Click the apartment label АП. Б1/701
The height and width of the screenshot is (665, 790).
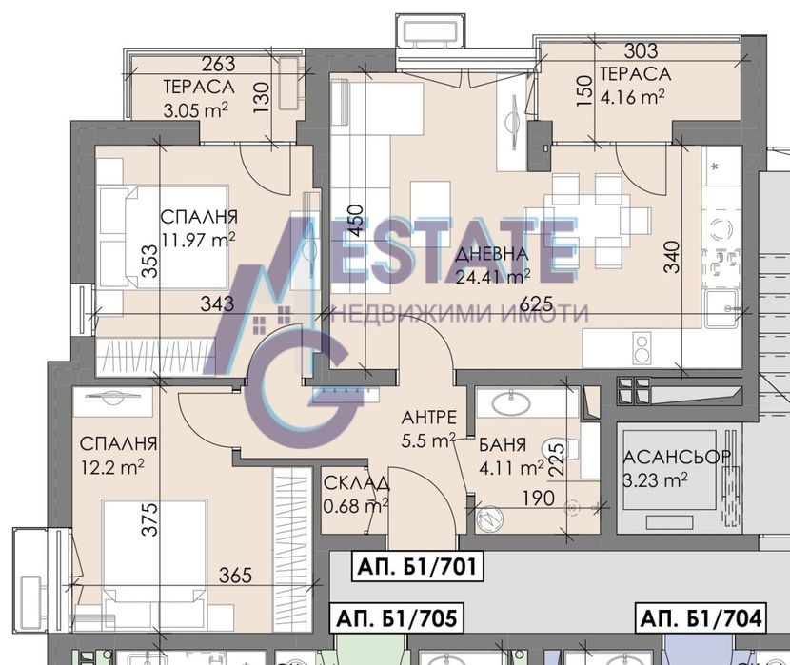tap(416, 566)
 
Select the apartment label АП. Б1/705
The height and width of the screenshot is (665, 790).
tap(397, 617)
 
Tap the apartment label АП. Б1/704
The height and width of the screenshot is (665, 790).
tap(701, 617)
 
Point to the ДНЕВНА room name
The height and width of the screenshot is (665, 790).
tap(492, 254)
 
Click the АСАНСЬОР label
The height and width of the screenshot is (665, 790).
tap(677, 457)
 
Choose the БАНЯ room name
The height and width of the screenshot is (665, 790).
tap(503, 444)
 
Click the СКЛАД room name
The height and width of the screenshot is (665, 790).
tap(356, 483)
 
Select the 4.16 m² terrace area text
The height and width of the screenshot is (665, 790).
tap(632, 96)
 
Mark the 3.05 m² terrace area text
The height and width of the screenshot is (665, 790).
tap(196, 109)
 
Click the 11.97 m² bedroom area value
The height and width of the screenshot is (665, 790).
tap(198, 240)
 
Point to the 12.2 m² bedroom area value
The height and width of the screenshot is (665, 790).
tap(112, 467)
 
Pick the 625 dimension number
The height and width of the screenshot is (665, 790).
tap(536, 303)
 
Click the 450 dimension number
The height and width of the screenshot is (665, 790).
tap(355, 221)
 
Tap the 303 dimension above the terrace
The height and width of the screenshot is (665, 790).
tap(641, 50)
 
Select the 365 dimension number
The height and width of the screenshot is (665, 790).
tap(235, 575)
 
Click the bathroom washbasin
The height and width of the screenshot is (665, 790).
tap(510, 402)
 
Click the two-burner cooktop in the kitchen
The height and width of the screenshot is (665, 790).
tap(642, 348)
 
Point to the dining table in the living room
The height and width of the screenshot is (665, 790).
tap(577, 221)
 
